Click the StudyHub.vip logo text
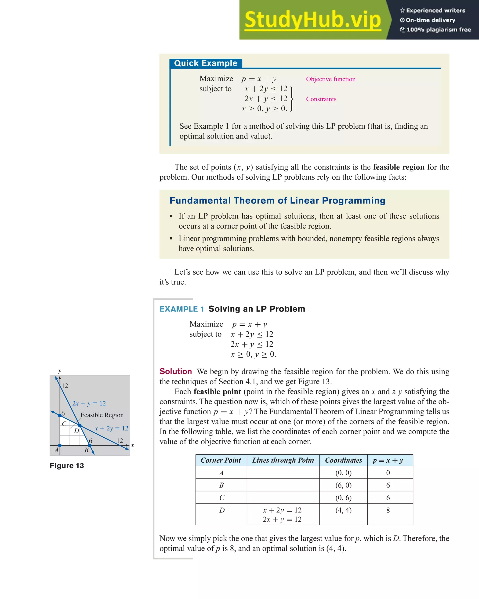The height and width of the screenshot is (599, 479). (x=312, y=20)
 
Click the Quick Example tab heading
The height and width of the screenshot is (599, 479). (x=206, y=63)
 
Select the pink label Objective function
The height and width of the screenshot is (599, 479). (x=331, y=79)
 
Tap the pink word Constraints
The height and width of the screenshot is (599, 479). (x=321, y=99)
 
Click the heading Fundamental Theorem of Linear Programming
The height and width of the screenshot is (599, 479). (x=277, y=201)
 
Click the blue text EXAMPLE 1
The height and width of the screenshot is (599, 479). (x=182, y=309)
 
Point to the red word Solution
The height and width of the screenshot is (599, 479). (x=176, y=371)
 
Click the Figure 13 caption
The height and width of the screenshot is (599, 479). (x=67, y=466)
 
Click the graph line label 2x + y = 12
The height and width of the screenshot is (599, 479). (x=89, y=403)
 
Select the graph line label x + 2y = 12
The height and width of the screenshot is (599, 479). (x=111, y=428)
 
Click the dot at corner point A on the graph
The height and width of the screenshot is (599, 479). (x=60, y=445)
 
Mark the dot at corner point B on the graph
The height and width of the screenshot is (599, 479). (x=90, y=445)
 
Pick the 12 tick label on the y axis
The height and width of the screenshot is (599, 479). (x=65, y=386)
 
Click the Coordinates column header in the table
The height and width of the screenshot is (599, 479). (x=343, y=460)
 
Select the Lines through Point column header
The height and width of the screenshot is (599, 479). (x=283, y=460)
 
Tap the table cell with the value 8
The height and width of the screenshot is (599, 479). (x=388, y=510)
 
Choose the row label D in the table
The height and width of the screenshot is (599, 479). (x=221, y=510)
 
